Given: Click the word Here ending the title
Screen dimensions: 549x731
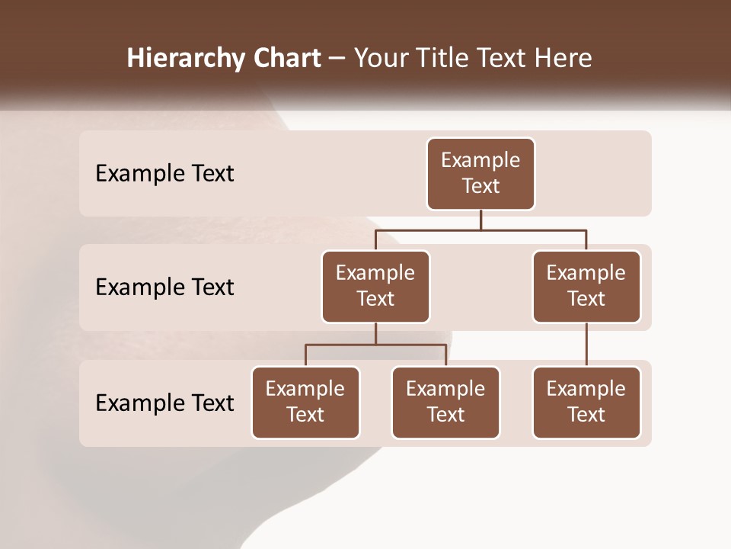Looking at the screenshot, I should pos(563,58).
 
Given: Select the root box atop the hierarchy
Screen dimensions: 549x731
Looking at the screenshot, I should pos(480,174).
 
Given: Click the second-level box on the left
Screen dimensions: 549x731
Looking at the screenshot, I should pos(375,287).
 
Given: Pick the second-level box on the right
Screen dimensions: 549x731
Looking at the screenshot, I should pos(586,287).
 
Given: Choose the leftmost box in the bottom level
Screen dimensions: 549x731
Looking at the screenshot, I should pos(305,403).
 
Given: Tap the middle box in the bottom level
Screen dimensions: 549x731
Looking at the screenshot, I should pos(445,403).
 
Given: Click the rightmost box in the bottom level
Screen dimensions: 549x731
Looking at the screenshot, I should pos(586,403).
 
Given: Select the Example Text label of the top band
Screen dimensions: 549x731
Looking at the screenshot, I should pos(164,174).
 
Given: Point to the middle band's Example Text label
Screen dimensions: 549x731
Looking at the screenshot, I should pos(164,287).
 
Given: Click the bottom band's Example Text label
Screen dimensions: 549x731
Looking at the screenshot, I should pos(164,403).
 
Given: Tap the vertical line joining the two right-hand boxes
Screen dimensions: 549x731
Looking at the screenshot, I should pos(586,345).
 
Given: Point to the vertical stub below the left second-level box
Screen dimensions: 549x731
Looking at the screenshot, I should pos(375,333).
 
